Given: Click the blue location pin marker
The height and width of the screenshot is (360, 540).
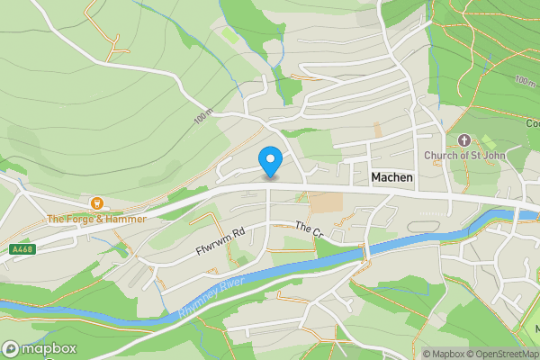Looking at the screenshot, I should coord(270,162).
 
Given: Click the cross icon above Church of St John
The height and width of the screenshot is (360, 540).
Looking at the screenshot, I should coord(464,140).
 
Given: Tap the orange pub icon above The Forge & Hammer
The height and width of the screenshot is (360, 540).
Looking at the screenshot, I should coord(97,203).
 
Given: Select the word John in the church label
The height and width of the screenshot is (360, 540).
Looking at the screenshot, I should coord(494,156).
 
